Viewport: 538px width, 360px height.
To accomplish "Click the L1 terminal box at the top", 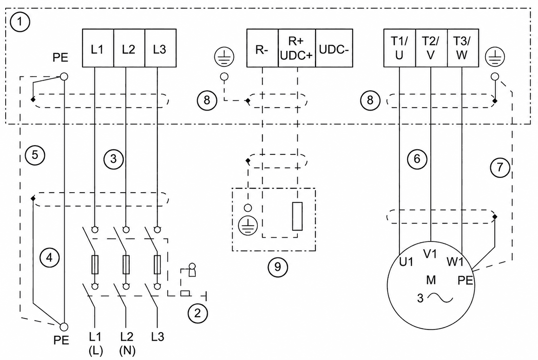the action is pyautogui.click(x=98, y=48).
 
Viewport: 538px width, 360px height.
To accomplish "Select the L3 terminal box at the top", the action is pyautogui.click(x=160, y=48).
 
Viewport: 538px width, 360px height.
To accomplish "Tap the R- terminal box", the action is pyautogui.click(x=263, y=48).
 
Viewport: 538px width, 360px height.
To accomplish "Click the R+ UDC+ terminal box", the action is pyautogui.click(x=297, y=48).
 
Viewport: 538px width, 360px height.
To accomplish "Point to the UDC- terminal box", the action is pyautogui.click(x=334, y=48).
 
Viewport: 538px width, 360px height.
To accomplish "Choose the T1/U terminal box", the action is pyautogui.click(x=400, y=48).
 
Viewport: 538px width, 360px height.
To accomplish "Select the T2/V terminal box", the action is pyautogui.click(x=431, y=48).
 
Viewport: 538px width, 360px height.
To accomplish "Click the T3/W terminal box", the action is pyautogui.click(x=463, y=48).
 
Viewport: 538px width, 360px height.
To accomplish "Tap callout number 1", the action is pyautogui.click(x=20, y=22).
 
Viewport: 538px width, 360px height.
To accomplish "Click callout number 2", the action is pyautogui.click(x=197, y=313).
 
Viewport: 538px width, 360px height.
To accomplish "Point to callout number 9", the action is pyautogui.click(x=278, y=267).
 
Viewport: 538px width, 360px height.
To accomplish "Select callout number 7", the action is pyautogui.click(x=500, y=167).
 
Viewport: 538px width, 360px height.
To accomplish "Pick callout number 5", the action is pyautogui.click(x=35, y=155).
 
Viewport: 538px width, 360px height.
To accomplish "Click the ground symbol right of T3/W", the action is pyautogui.click(x=495, y=57).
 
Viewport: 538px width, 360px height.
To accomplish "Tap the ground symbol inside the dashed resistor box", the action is pyautogui.click(x=248, y=226).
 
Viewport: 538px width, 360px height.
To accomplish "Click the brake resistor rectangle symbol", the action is pyautogui.click(x=297, y=216).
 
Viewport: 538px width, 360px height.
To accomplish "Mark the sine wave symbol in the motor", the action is pyautogui.click(x=440, y=299).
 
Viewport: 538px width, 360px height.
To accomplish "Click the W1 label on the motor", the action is pyautogui.click(x=455, y=262).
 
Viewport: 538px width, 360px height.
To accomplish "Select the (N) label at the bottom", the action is pyautogui.click(x=127, y=351).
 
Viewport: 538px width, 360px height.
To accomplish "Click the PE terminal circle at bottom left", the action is pyautogui.click(x=64, y=327).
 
